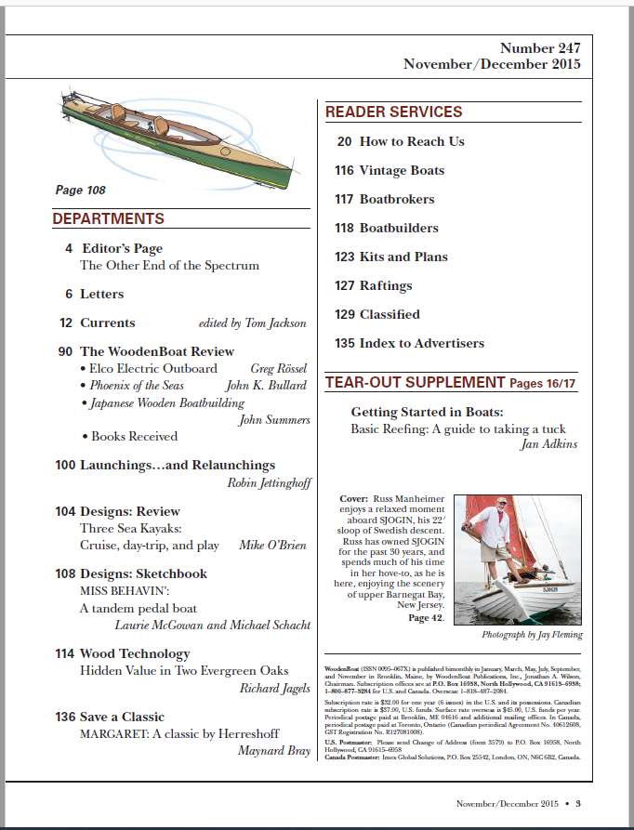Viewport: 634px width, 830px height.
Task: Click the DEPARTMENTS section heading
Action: point(108,219)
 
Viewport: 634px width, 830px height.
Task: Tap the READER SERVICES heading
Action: point(393,112)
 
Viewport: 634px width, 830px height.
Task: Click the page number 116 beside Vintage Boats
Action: point(344,170)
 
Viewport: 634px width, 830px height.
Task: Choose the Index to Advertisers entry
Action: point(421,343)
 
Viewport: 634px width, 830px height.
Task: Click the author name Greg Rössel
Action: point(280,369)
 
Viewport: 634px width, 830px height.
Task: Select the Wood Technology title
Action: point(135,653)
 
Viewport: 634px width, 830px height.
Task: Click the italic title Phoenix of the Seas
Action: point(137,386)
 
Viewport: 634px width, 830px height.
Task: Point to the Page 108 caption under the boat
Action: point(80,191)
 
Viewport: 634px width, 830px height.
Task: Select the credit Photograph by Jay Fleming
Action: point(533,635)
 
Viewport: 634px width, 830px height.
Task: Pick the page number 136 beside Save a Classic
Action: point(65,717)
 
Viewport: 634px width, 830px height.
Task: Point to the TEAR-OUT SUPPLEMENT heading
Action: point(415,382)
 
